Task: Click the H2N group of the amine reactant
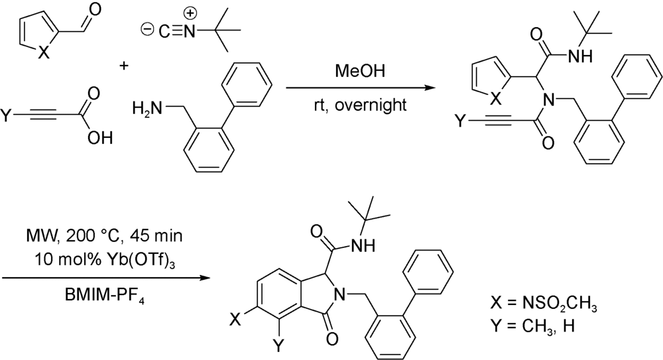[147, 107]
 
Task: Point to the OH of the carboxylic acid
[102, 137]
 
